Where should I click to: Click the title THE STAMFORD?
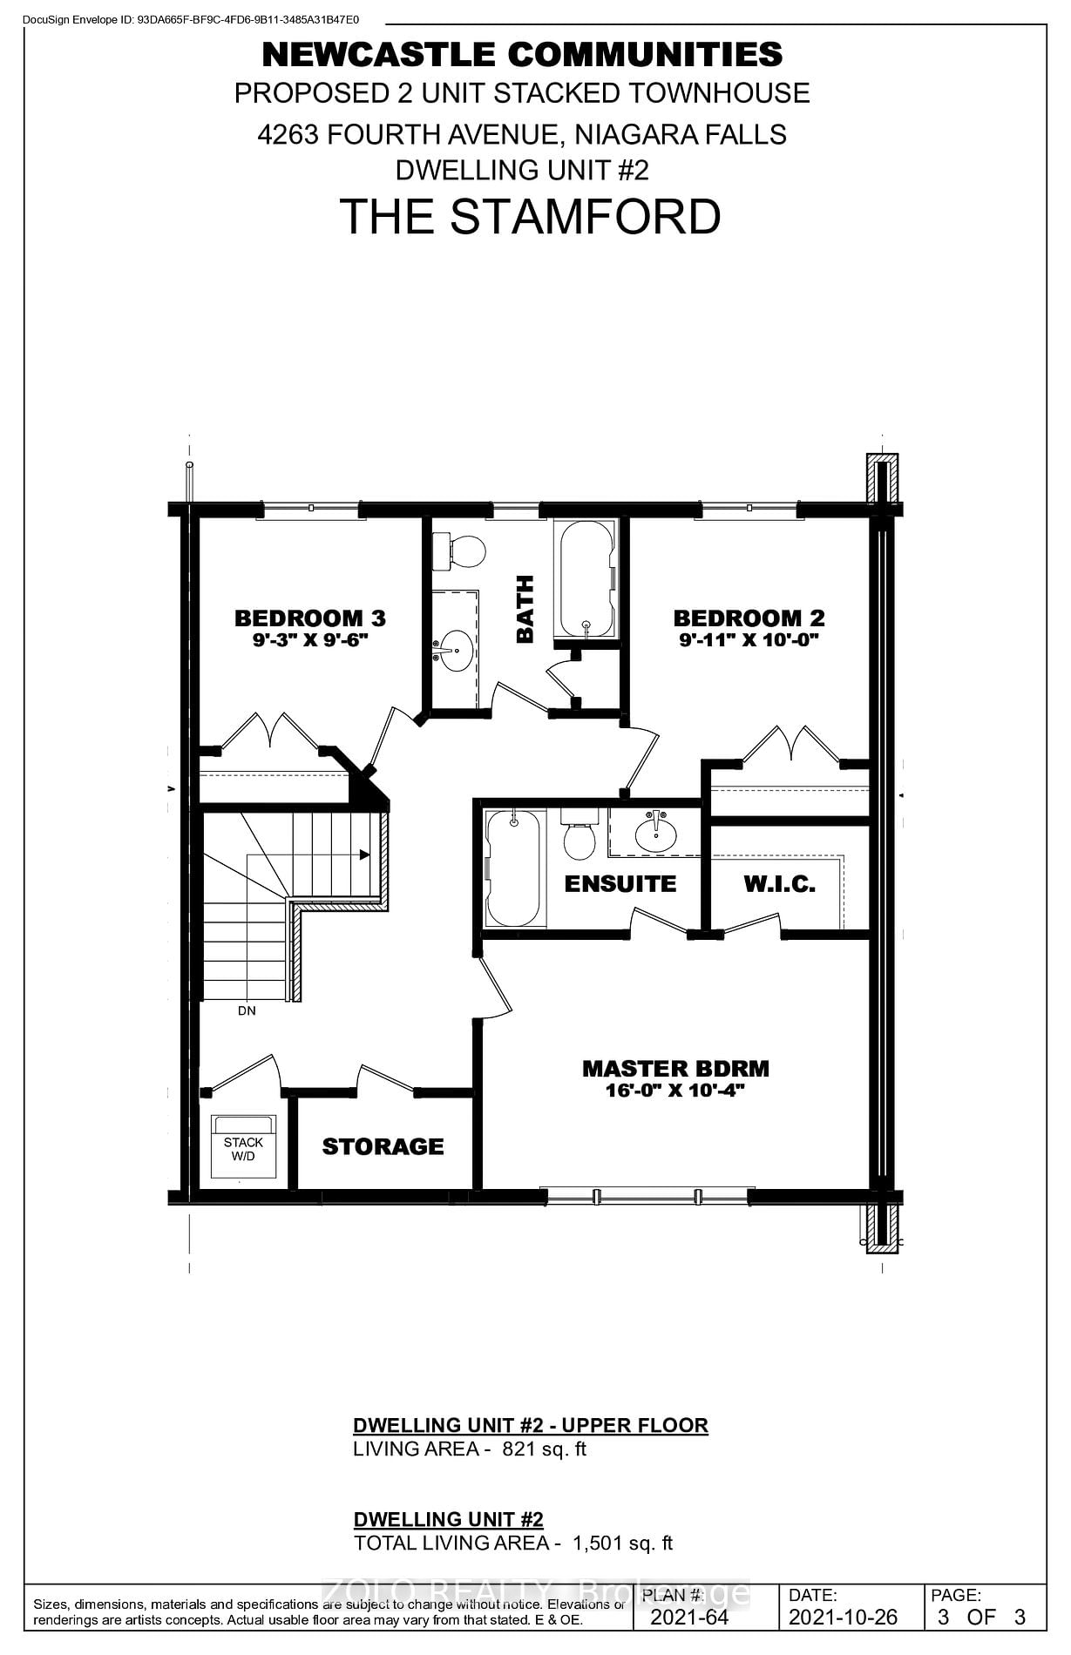pyautogui.click(x=530, y=217)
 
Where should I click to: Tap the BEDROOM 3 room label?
pyautogui.click(x=309, y=618)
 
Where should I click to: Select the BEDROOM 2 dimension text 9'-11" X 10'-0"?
pyautogui.click(x=749, y=640)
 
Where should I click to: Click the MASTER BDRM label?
pyautogui.click(x=675, y=1069)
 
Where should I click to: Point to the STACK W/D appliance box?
pyautogui.click(x=243, y=1148)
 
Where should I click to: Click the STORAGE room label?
pyautogui.click(x=383, y=1146)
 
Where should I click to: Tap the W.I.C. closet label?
pyautogui.click(x=779, y=884)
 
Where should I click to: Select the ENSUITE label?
pyautogui.click(x=620, y=884)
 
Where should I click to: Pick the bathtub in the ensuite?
pyautogui.click(x=512, y=868)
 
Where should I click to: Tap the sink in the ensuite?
pyautogui.click(x=655, y=835)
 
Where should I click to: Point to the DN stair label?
pyautogui.click(x=247, y=1011)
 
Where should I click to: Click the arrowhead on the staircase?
pyautogui.click(x=365, y=855)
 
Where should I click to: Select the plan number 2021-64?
pyautogui.click(x=688, y=1618)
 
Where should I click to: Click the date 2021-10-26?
pyautogui.click(x=842, y=1618)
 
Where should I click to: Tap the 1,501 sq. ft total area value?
pyautogui.click(x=622, y=1543)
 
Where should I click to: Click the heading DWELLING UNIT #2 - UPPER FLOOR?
pyautogui.click(x=530, y=1425)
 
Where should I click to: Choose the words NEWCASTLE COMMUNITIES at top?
pyautogui.click(x=522, y=55)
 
